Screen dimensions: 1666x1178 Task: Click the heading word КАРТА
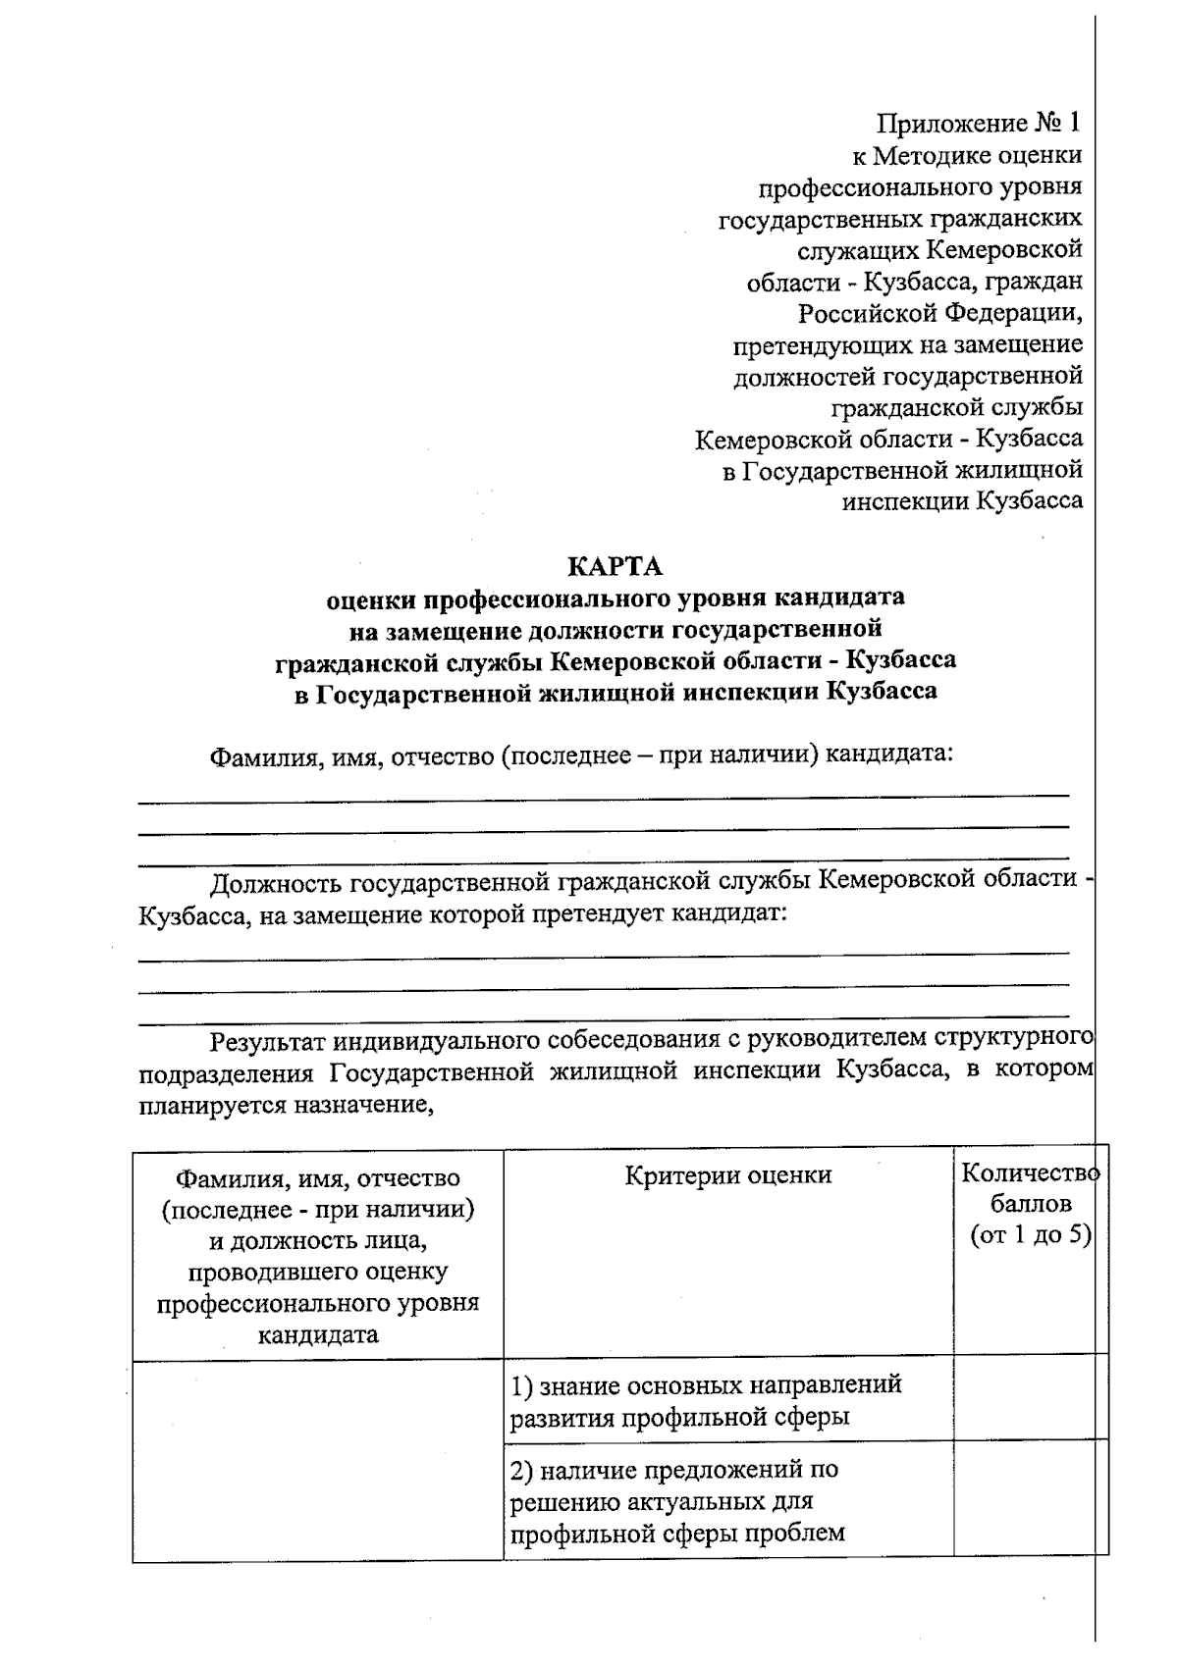[616, 566]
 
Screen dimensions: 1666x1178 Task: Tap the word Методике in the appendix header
[930, 155]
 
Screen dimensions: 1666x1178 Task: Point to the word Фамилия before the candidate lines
[260, 756]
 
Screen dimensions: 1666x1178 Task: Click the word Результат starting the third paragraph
[267, 1039]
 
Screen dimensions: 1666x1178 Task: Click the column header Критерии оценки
[728, 1174]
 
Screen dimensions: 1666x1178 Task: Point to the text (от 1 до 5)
[1030, 1235]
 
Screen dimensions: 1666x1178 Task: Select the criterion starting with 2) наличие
[677, 1501]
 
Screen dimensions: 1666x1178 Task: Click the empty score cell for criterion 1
[1030, 1399]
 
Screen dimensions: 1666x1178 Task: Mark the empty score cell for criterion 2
[1030, 1501]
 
